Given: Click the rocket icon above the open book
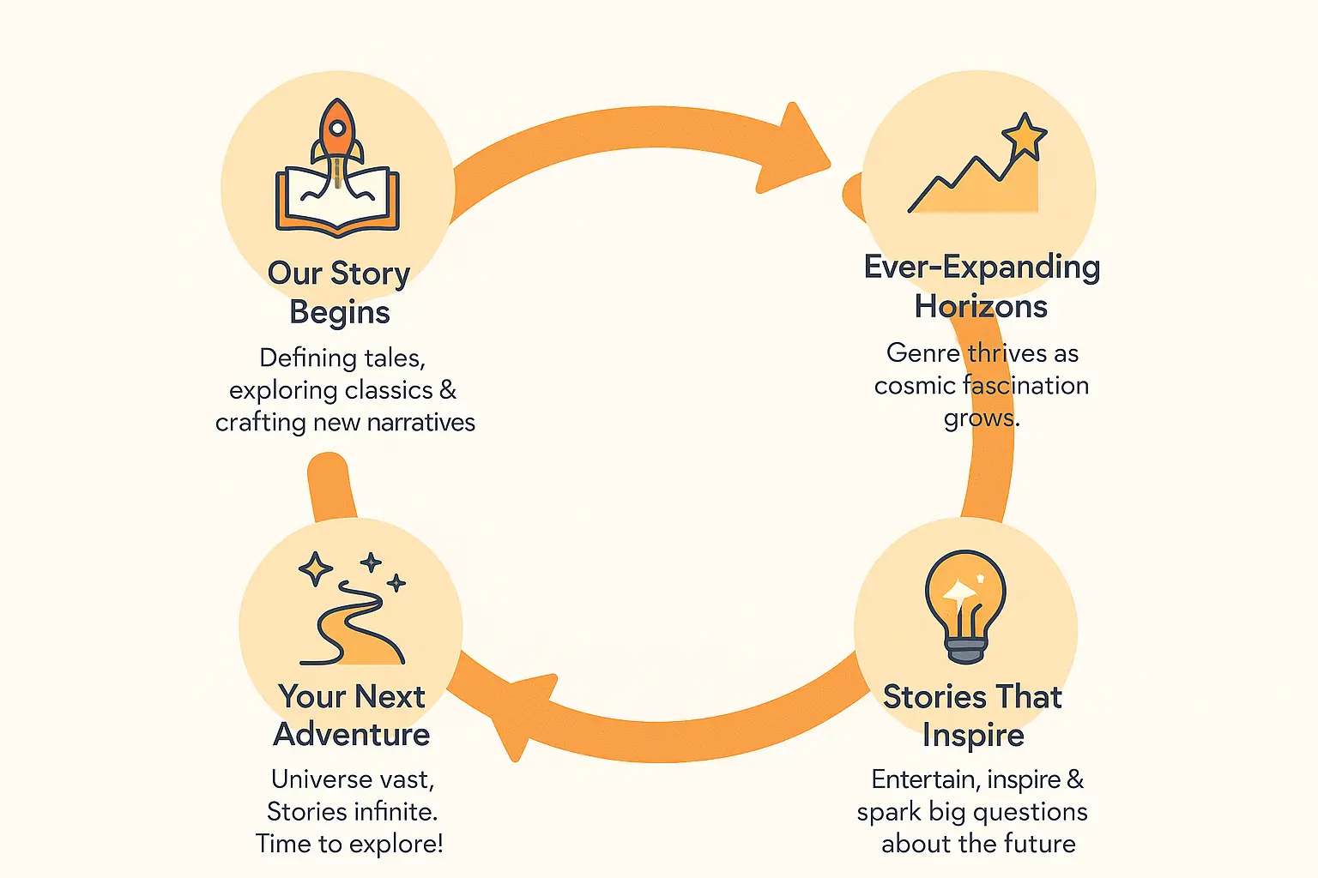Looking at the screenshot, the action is coord(337,141).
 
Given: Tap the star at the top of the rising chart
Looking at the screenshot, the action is coord(1025,136).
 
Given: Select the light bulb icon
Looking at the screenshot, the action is coord(965,606).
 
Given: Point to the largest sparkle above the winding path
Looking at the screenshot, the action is coord(316,568).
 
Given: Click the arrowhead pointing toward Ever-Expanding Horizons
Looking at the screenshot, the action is coord(792,151).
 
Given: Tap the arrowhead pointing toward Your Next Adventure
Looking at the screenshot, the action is coord(521,714).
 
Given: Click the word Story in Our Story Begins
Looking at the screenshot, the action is coord(370,274).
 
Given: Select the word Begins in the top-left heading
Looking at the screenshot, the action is coord(340,312).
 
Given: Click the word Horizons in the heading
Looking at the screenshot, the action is coord(981,306).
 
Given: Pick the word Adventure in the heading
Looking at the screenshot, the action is coord(352,735).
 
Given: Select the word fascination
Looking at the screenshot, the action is coord(1026,385).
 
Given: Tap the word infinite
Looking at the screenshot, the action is coord(393,812).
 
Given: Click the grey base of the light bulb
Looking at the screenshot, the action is coord(965,651).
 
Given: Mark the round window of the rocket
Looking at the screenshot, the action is coord(337,128).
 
